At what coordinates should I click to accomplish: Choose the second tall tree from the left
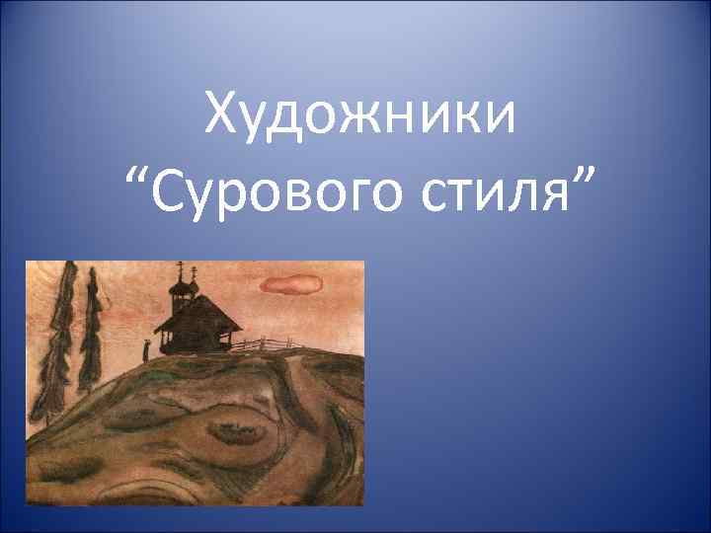point(91,326)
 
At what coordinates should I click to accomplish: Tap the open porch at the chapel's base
point(197,343)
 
